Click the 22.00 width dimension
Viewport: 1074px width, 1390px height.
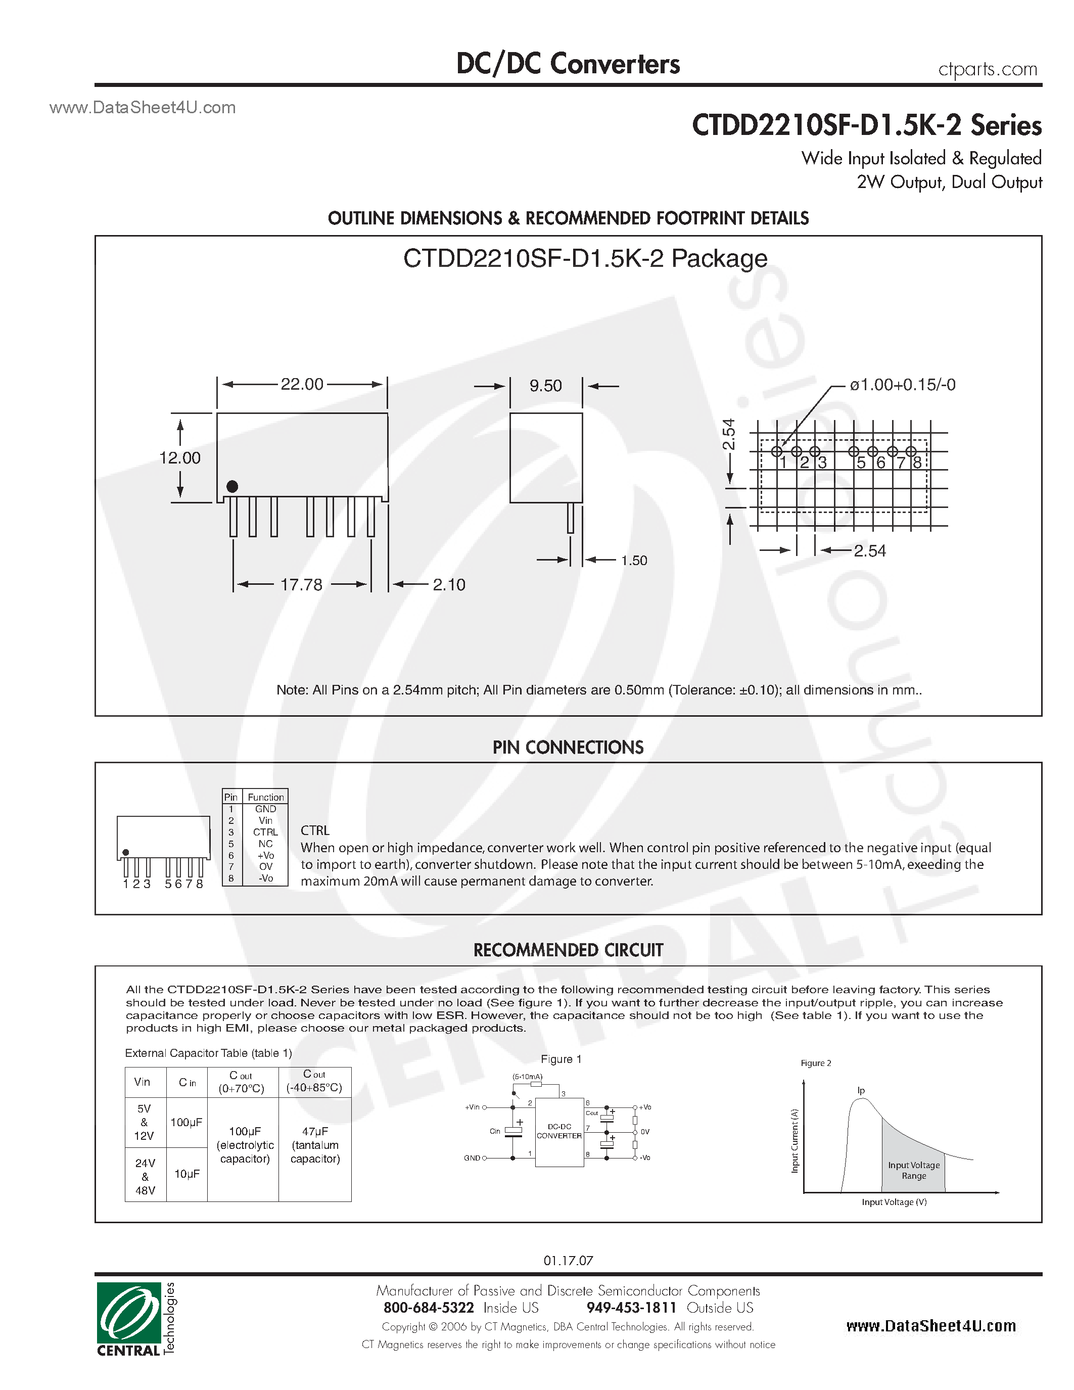click(302, 385)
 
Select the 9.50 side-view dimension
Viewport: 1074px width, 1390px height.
click(545, 386)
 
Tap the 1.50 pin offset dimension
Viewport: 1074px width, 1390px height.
click(634, 561)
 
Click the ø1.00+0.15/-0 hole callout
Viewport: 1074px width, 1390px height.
click(902, 385)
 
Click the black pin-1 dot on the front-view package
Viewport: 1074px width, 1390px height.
click(232, 486)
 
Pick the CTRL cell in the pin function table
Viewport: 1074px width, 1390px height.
click(265, 832)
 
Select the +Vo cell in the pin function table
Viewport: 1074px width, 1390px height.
click(265, 855)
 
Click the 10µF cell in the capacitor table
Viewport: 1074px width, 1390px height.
click(186, 1174)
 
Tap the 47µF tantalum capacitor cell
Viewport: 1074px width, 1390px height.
click(315, 1144)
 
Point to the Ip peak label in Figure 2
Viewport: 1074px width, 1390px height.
click(861, 1090)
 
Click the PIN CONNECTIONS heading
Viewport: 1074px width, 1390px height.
click(568, 747)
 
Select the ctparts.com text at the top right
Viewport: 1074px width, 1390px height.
click(988, 69)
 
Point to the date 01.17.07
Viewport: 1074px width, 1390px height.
click(568, 1260)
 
